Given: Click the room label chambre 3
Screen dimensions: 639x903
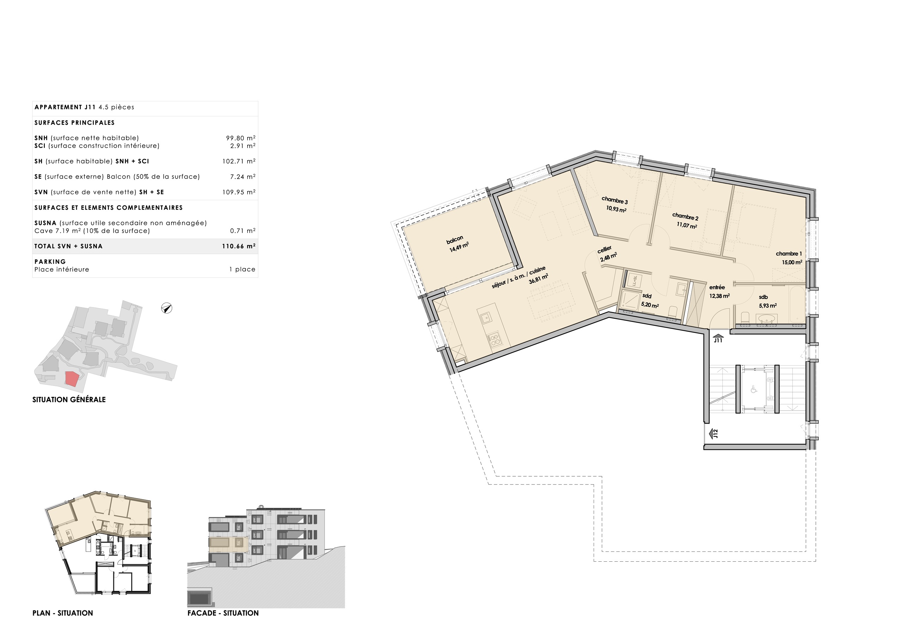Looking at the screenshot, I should [614, 201].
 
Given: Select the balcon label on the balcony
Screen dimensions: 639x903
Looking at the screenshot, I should [455, 240].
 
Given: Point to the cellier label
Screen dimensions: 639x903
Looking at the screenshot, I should [605, 250].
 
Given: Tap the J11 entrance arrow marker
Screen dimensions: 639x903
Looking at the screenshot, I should [718, 338].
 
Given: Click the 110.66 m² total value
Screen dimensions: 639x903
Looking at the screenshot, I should [238, 246].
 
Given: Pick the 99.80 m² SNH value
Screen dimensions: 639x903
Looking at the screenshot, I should [240, 138].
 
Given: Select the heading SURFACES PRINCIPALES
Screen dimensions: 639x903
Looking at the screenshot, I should [74, 123].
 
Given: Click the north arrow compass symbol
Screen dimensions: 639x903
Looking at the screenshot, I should [167, 308].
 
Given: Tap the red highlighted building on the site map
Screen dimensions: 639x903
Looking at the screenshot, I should [72, 379].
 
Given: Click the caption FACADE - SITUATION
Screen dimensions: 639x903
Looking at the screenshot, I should [223, 613].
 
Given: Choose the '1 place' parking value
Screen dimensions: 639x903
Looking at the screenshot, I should [242, 270].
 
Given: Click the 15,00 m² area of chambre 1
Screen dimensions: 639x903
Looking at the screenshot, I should [792, 263].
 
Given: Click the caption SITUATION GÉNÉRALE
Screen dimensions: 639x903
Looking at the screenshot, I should [69, 400].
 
